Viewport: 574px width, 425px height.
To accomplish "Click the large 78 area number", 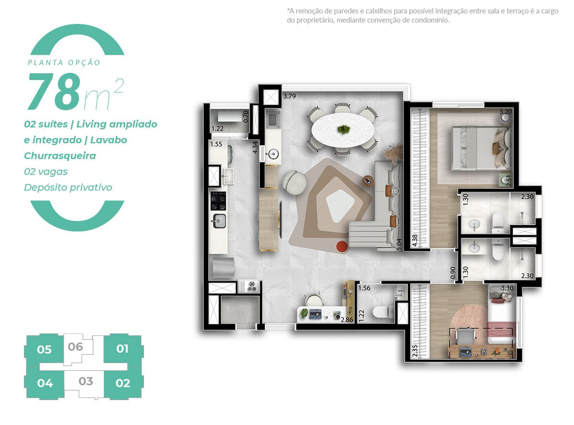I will [54, 92].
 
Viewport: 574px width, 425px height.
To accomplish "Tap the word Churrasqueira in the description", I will [60, 156].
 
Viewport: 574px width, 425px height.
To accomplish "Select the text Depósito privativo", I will [68, 187].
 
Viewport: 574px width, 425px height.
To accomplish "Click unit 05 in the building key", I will [44, 349].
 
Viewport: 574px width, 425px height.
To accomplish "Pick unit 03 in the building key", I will [86, 381].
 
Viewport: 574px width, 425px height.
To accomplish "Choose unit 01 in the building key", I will [122, 348].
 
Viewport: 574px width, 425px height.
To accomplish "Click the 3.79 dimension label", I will [289, 96].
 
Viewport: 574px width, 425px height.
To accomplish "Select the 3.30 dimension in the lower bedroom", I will [507, 288].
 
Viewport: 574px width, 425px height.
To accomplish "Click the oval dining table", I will [343, 129].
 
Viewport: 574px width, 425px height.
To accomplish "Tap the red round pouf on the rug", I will [342, 246].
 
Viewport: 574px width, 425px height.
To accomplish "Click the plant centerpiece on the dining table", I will [343, 129].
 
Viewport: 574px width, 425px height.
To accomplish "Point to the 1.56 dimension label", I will [364, 288].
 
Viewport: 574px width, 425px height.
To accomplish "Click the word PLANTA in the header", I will [44, 62].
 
